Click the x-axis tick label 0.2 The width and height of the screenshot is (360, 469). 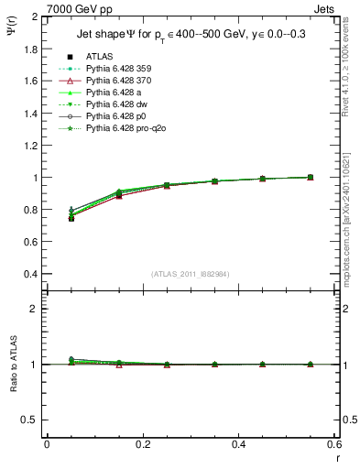[x=143, y=443]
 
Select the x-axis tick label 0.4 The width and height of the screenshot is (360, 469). [x=239, y=443]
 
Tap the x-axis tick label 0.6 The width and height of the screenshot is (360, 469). [x=334, y=443]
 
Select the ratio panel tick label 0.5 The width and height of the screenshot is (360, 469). [x=31, y=420]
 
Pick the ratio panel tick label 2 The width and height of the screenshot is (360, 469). [x=35, y=309]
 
